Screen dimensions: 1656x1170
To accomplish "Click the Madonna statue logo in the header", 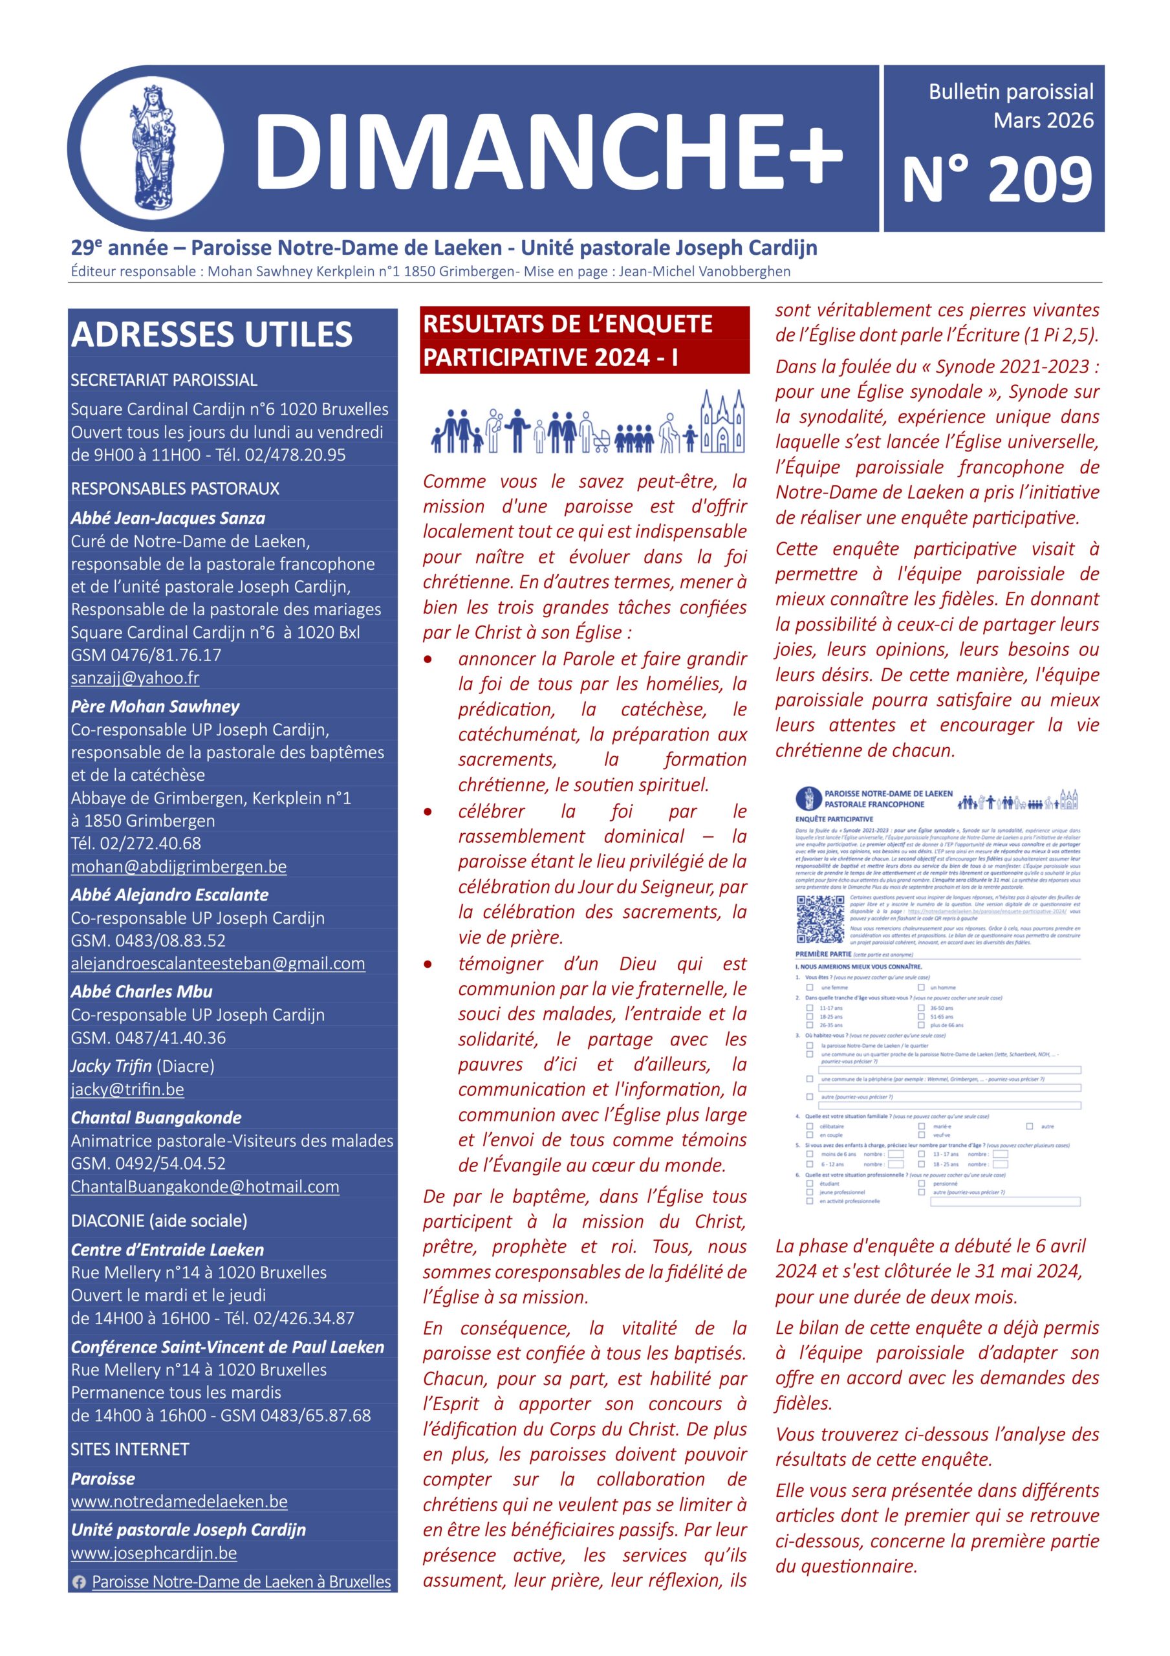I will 151,150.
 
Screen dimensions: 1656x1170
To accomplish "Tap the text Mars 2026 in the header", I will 1043,120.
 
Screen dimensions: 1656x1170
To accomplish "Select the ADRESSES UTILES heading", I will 211,334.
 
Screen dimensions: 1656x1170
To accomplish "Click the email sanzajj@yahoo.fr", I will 135,678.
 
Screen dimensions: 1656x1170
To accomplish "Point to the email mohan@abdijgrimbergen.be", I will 178,866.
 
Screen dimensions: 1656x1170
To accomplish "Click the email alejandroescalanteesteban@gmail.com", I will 218,964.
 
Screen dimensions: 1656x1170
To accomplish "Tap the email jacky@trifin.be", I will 127,1089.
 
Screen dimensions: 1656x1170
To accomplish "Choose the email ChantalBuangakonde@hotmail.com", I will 205,1186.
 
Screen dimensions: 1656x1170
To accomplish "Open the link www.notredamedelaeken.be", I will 179,1501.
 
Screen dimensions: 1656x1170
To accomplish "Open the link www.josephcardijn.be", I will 154,1553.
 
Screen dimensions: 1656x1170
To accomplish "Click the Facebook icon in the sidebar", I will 80,1582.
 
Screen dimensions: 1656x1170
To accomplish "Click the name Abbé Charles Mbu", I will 142,992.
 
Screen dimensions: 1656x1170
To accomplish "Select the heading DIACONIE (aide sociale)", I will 158,1221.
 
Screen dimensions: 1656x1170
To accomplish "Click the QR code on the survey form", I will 820,919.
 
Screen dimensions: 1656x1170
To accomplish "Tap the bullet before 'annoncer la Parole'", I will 428,659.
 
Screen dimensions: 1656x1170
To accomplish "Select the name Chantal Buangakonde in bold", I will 156,1118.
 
